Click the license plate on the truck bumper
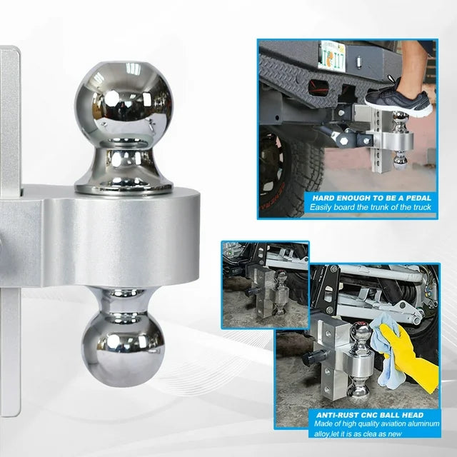[x=331, y=57]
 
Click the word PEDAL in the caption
[x=417, y=199]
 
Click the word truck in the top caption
[x=422, y=207]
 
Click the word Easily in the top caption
[x=320, y=208]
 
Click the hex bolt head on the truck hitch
[x=344, y=140]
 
